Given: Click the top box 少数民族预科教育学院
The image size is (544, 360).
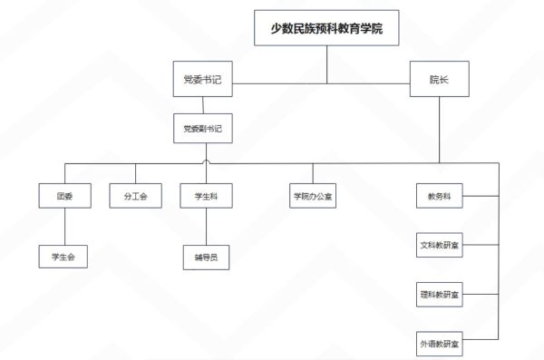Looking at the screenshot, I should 326,28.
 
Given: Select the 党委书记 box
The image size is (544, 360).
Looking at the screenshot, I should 201,80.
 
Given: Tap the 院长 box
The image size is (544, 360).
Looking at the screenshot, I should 439,80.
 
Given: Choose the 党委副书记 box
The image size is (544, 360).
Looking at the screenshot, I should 201,128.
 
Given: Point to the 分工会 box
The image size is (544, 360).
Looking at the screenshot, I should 135,196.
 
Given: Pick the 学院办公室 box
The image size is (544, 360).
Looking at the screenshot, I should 313,196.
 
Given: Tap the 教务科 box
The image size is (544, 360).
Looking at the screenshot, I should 439,196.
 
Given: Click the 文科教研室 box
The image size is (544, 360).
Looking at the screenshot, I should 439,245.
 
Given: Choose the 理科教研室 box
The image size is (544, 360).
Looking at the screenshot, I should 439,295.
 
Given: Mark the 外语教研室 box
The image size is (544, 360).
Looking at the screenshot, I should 439,345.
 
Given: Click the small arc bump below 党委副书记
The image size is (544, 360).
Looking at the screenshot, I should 208,161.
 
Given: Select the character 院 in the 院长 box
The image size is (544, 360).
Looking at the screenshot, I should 434,80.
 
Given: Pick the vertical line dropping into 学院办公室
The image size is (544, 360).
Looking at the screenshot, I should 313,173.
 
